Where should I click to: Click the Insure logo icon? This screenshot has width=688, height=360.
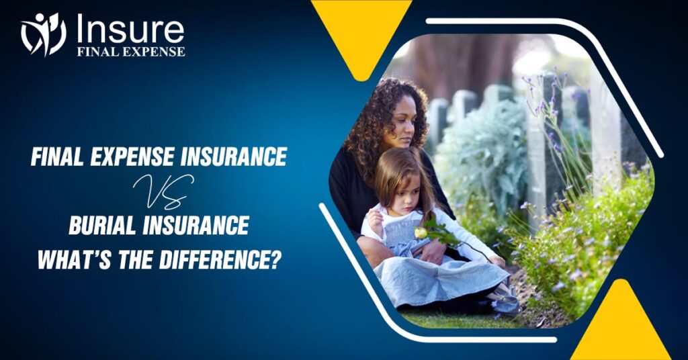click(43, 34)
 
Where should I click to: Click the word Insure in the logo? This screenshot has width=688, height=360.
click(130, 29)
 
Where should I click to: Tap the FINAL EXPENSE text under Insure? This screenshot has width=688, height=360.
click(130, 51)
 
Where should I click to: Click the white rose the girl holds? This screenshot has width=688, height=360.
click(421, 232)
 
